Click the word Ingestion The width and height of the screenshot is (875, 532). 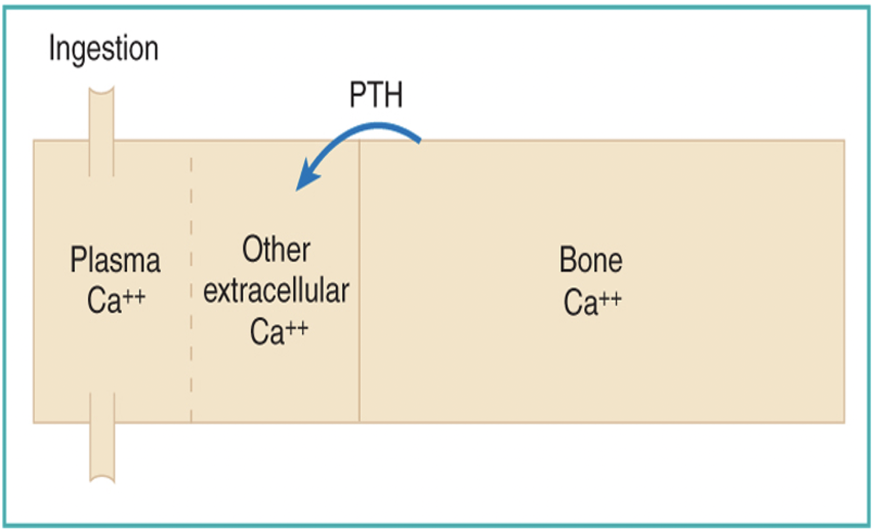point(104,50)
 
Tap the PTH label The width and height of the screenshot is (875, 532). point(376,96)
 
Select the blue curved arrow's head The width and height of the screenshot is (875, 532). point(303,183)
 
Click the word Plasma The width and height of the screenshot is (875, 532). point(115,261)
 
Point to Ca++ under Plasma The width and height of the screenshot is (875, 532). point(115,301)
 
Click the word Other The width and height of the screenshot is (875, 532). point(275,251)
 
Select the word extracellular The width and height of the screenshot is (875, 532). point(275,291)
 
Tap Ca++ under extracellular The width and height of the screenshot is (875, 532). point(278,331)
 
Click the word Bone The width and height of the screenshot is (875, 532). point(590,261)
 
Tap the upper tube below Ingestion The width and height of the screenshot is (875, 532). point(102,131)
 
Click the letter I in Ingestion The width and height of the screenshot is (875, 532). point(52,50)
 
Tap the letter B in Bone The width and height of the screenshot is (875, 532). point(567,261)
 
